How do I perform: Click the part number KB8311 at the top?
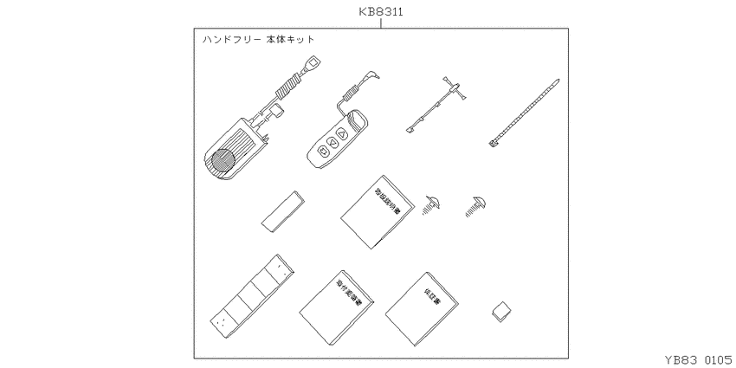(381, 13)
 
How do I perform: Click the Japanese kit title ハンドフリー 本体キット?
(257, 40)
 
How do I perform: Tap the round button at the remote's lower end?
(323, 152)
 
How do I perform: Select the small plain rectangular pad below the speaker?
(281, 211)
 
